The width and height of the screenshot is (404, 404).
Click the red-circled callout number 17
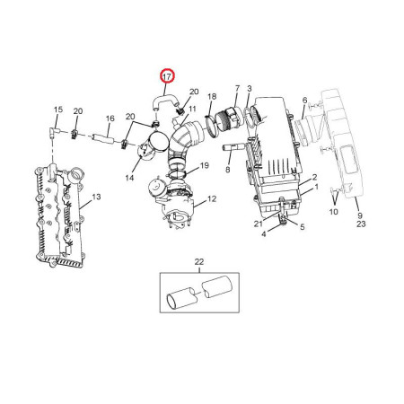pyautogui.click(x=167, y=76)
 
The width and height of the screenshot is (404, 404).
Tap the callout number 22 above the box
pyautogui.click(x=199, y=262)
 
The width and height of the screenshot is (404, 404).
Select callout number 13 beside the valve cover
pyautogui.click(x=96, y=197)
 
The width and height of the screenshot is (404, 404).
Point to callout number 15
pyautogui.click(x=58, y=110)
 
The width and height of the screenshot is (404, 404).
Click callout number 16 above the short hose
pyautogui.click(x=110, y=119)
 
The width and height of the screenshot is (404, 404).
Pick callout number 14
pyautogui.click(x=129, y=178)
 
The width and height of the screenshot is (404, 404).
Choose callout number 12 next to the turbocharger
pyautogui.click(x=212, y=198)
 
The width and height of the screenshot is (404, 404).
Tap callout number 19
pyautogui.click(x=205, y=165)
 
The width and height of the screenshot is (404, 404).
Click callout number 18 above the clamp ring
pyautogui.click(x=212, y=97)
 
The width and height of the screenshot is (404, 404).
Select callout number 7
pyautogui.click(x=237, y=89)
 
